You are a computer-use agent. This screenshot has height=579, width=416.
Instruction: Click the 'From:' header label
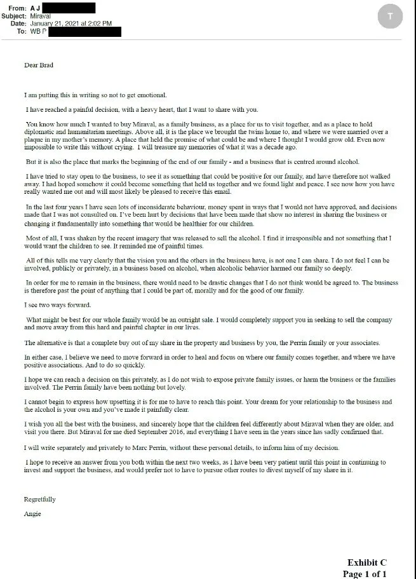coord(18,8)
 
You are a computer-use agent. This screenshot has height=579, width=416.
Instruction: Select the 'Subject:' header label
coord(14,16)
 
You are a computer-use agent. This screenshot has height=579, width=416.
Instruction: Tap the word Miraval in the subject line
coord(41,16)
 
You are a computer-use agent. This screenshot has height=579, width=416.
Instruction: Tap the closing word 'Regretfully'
coord(40,499)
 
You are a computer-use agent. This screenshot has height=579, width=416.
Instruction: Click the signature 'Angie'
coord(32,514)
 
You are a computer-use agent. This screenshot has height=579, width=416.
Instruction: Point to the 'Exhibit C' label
coord(366,562)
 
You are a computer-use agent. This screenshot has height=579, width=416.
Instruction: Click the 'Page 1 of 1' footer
coord(365,573)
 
